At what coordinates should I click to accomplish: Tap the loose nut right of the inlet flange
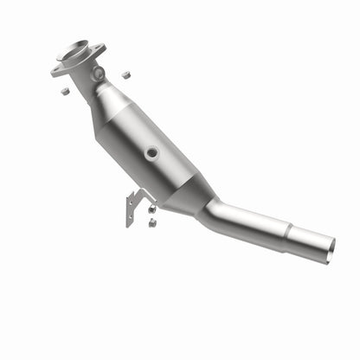126,74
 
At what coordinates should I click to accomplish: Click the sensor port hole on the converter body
152,152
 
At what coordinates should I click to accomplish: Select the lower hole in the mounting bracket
130,217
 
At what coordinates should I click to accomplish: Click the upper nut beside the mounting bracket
151,209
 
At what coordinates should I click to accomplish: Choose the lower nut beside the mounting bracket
151,222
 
